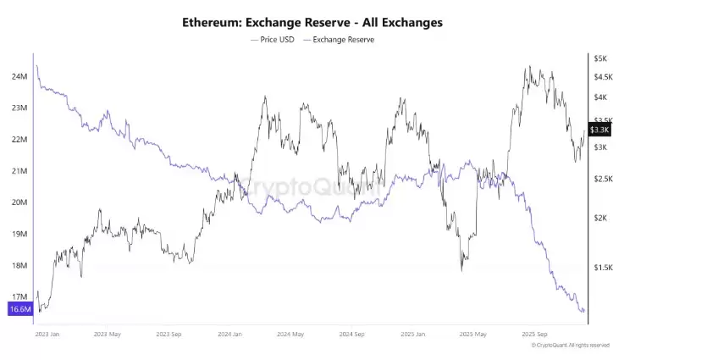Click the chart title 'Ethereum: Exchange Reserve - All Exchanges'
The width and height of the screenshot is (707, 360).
(x=312, y=22)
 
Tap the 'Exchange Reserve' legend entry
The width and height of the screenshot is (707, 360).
(x=343, y=40)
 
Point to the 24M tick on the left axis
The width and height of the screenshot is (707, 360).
(x=19, y=77)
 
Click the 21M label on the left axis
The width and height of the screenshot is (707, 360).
(x=19, y=171)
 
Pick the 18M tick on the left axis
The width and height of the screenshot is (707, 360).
(x=19, y=265)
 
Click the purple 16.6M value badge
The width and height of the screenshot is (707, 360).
(x=19, y=309)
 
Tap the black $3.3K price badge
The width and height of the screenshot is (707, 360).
(x=599, y=130)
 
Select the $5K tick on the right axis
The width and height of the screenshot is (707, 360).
(x=600, y=58)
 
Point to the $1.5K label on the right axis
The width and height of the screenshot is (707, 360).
(x=603, y=267)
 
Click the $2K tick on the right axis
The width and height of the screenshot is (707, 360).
(x=600, y=218)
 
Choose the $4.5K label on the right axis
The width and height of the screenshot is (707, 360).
(x=603, y=76)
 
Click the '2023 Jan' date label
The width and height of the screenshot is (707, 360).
(x=47, y=334)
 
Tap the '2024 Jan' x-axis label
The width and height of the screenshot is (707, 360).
(x=230, y=334)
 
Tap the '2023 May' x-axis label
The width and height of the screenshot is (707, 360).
(x=108, y=334)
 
